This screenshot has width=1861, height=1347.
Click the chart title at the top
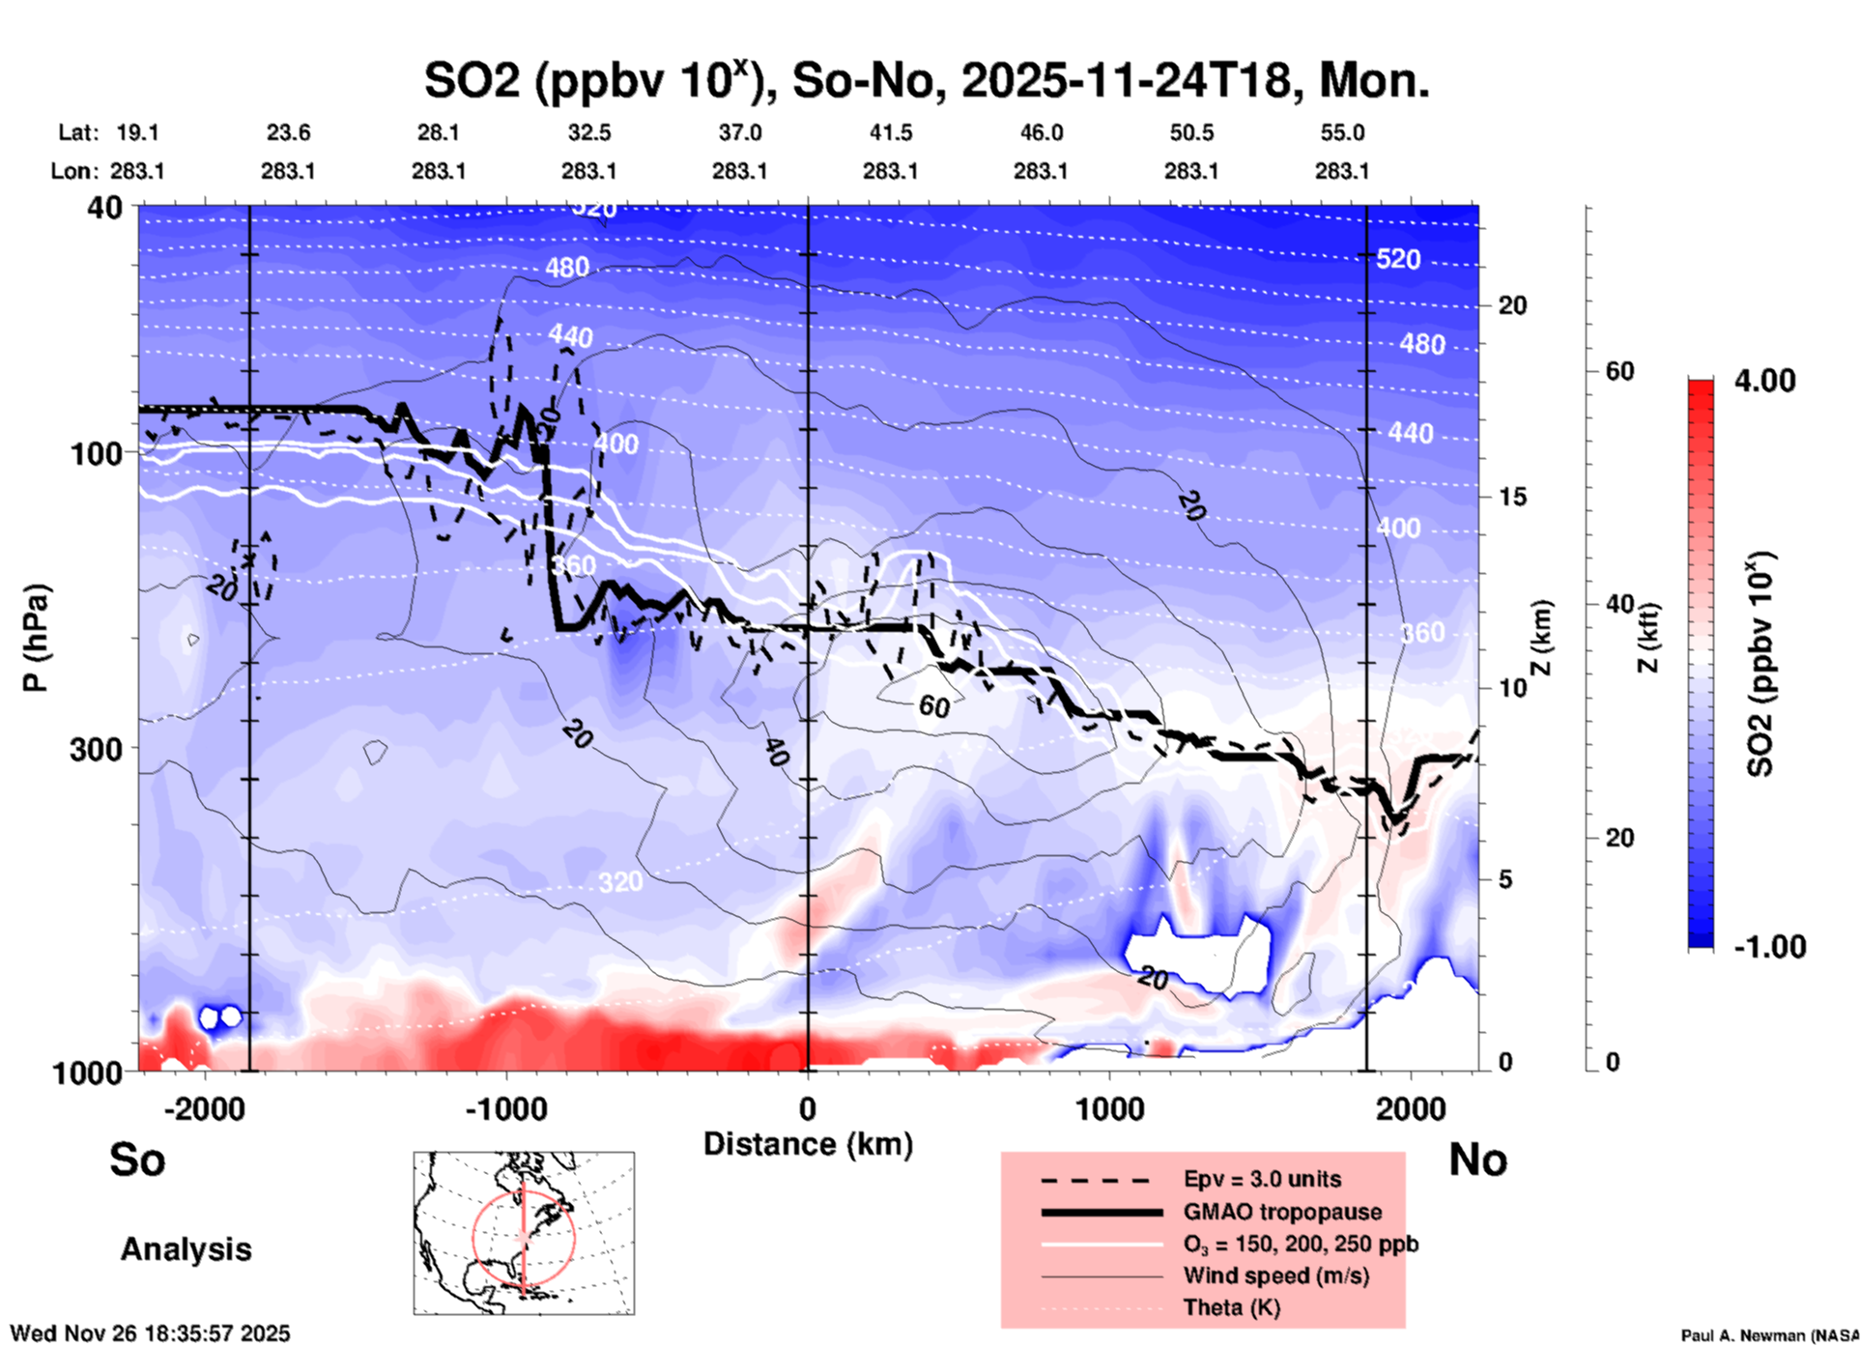(926, 81)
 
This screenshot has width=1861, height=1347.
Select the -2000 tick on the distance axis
(204, 1108)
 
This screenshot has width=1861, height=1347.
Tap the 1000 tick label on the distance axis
(1109, 1108)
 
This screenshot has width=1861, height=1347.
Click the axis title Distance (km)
(808, 1144)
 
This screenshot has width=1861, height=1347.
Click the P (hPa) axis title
(35, 638)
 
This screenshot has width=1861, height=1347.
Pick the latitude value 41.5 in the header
(890, 132)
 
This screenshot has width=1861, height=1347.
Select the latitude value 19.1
(137, 132)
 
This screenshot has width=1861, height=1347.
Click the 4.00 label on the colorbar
(1764, 381)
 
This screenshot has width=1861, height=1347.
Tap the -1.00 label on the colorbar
(1769, 947)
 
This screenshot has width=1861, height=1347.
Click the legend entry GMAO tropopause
(1282, 1212)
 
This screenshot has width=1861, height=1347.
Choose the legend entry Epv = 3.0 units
(1262, 1179)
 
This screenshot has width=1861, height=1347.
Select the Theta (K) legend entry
(1231, 1307)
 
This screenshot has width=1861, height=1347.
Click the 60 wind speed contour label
(933, 706)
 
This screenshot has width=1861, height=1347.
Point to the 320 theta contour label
(619, 881)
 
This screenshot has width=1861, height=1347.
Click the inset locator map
(524, 1232)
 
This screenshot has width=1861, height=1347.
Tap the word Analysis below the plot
(186, 1249)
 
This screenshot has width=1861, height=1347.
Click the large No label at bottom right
(1477, 1160)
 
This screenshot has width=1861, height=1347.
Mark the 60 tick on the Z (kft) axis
(1619, 371)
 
